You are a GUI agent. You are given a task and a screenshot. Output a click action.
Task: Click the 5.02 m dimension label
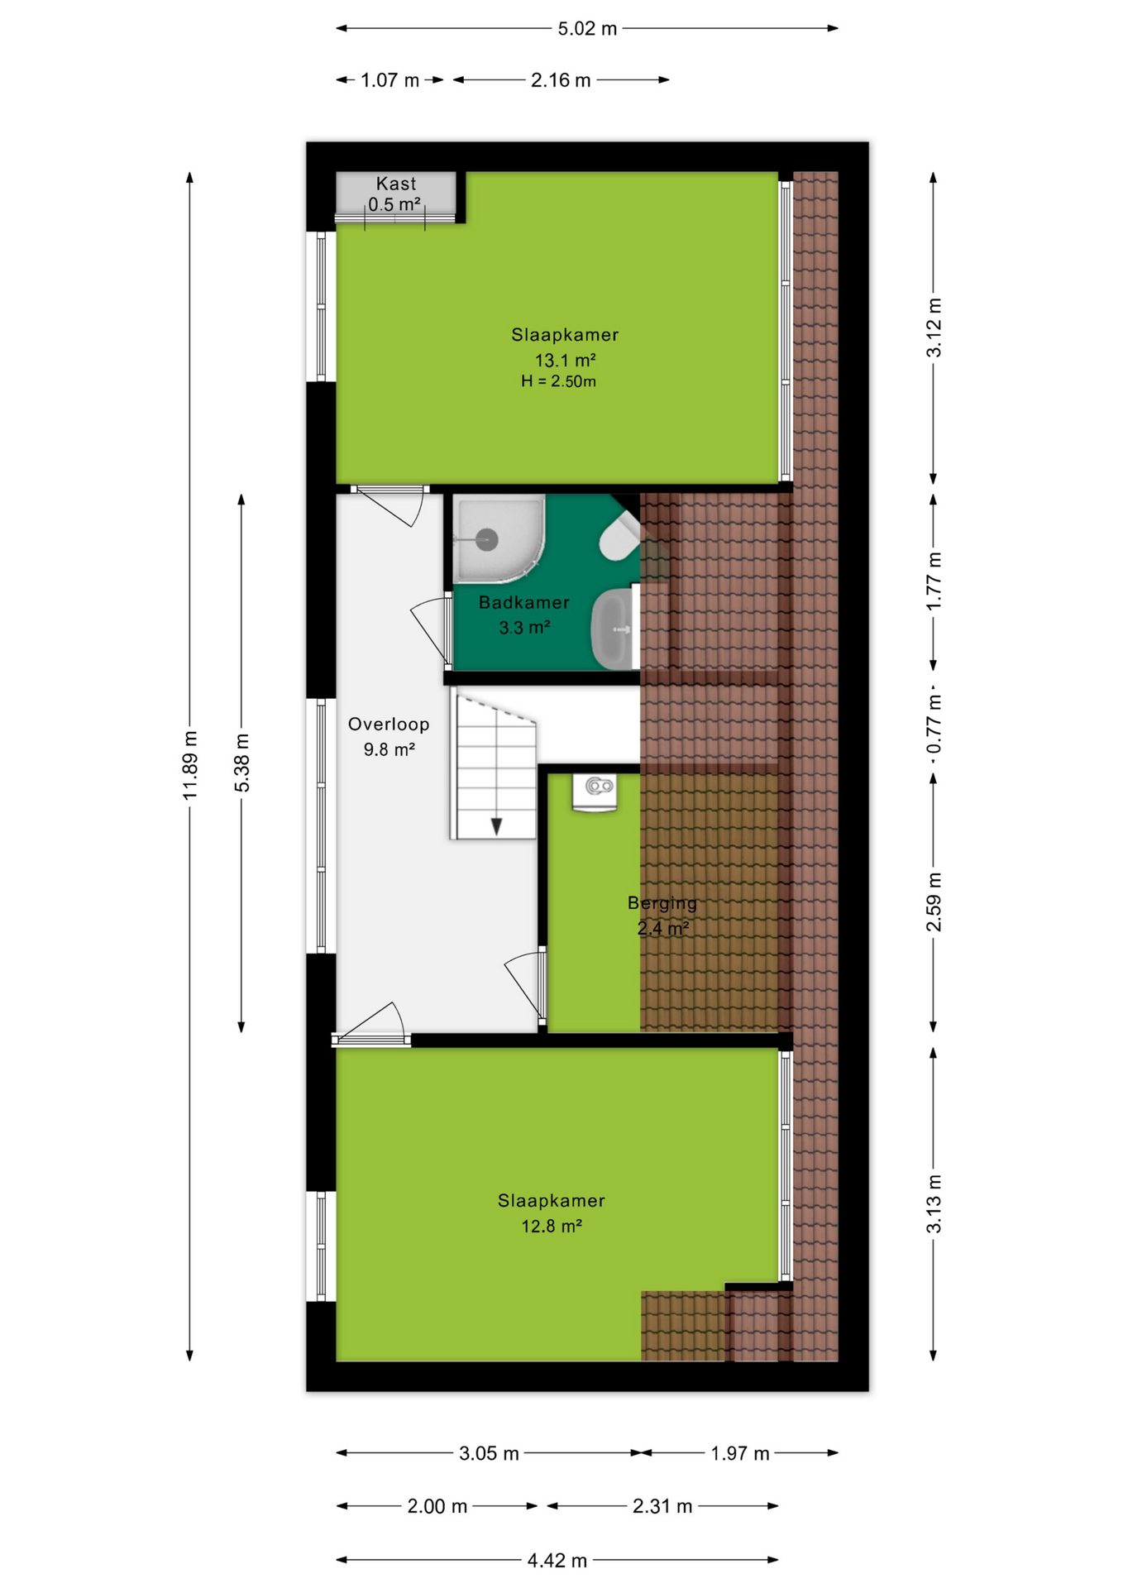[587, 29]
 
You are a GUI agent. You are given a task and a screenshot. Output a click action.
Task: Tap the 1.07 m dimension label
[390, 80]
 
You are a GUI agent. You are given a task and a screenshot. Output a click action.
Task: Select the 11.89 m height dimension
[190, 765]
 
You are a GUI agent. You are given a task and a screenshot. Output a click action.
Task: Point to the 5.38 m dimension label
[241, 763]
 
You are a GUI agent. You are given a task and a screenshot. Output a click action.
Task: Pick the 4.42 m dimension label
[557, 1560]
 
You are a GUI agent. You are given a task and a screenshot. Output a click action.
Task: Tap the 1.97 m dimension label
[740, 1453]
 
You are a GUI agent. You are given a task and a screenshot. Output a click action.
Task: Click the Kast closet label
[396, 184]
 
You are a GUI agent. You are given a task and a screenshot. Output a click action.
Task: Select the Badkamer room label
[524, 602]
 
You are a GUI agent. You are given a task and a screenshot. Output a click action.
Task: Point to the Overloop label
[389, 725]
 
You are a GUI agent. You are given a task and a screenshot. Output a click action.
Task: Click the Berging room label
[662, 903]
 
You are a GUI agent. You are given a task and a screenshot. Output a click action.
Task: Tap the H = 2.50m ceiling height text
[558, 381]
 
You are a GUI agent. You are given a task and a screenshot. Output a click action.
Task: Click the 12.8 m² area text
[552, 1226]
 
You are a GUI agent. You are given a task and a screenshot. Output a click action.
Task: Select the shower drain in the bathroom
[488, 540]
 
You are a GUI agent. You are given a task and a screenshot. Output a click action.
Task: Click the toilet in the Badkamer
[619, 536]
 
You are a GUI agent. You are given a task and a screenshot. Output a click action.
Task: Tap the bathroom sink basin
[613, 629]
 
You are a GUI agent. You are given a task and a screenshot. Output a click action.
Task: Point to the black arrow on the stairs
[496, 826]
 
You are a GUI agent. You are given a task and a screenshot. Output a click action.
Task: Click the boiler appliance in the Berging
[595, 793]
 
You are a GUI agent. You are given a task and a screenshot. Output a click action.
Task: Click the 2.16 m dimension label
[561, 80]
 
